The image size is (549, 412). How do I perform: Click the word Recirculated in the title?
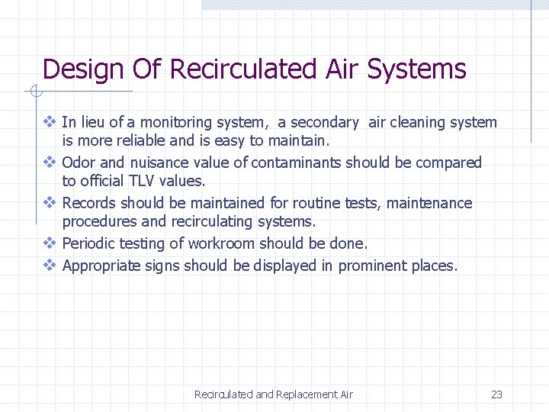point(240,69)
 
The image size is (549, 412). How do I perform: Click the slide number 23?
point(496,394)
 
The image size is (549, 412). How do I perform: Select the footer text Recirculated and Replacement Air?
point(274,394)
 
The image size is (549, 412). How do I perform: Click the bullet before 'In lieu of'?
point(50,122)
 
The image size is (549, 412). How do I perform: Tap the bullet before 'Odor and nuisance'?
point(50,163)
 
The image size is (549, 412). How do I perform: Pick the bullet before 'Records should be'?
point(50,203)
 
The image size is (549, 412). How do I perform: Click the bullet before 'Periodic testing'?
point(50,243)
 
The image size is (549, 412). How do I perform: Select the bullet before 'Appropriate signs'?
point(50,266)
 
